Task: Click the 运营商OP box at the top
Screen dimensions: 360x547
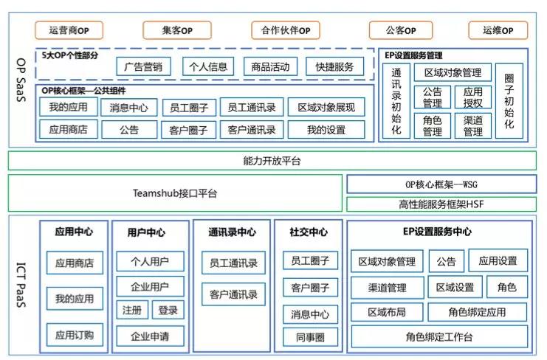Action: (69, 30)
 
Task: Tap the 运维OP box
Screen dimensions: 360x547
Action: (498, 30)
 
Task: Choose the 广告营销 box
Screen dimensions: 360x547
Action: (143, 66)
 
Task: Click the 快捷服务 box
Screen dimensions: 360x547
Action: (334, 66)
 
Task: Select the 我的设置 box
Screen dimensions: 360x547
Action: (326, 130)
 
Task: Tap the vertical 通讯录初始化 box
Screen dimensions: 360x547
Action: (396, 101)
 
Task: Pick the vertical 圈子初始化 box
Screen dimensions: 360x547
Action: (509, 101)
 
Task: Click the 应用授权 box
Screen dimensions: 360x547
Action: (473, 97)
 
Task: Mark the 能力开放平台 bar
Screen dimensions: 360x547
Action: (272, 161)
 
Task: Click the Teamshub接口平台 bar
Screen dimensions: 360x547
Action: (175, 193)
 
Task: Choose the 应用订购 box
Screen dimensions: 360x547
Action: (75, 335)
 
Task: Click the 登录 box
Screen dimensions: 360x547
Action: (168, 311)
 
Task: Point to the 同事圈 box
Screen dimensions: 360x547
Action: (309, 338)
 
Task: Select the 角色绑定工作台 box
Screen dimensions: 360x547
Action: (439, 337)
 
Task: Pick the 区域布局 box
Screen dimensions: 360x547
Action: (386, 312)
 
